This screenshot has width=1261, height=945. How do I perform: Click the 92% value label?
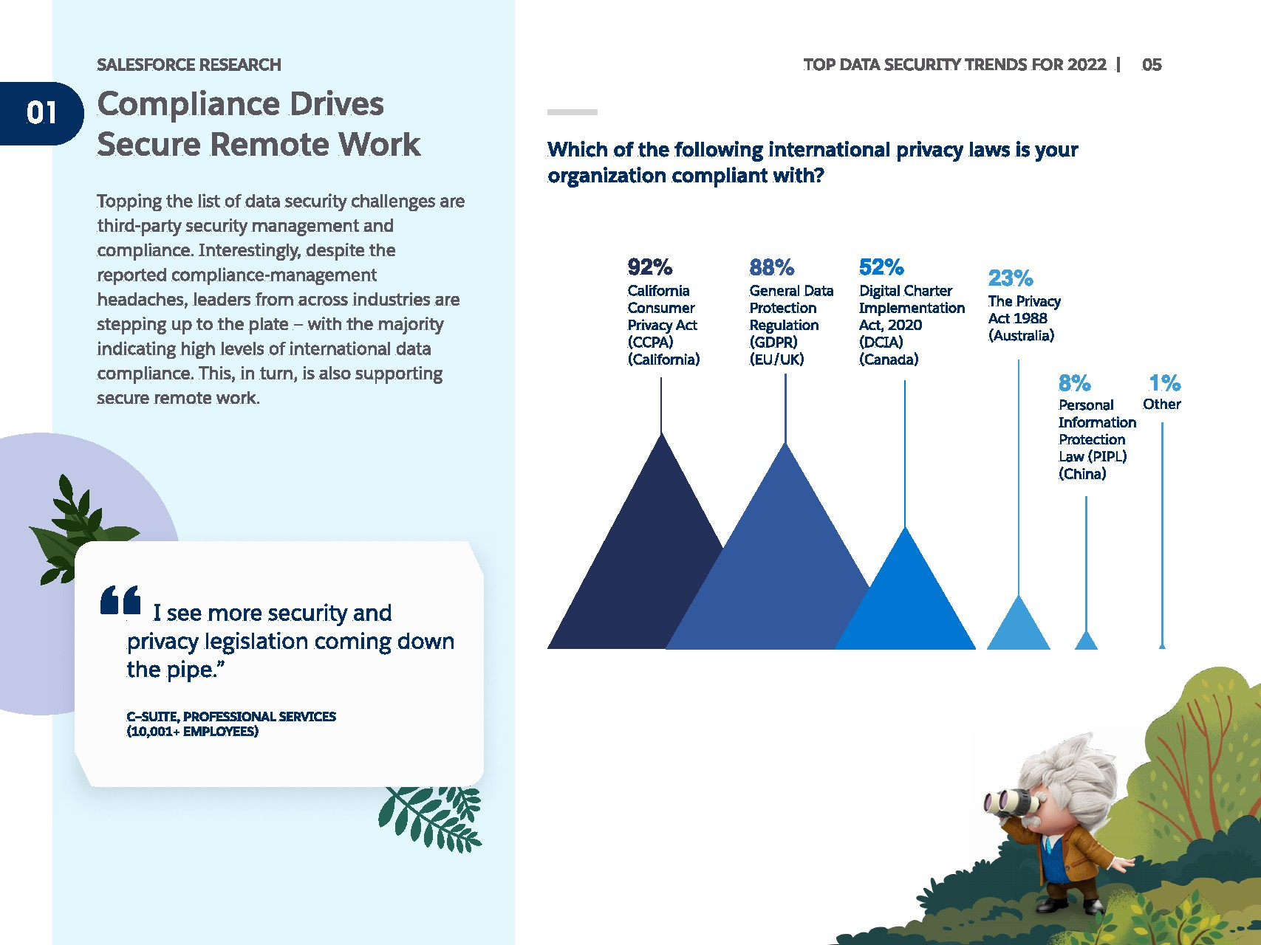(649, 267)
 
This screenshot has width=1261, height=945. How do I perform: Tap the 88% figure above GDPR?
(771, 267)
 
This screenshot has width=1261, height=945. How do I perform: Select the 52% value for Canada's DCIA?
(881, 267)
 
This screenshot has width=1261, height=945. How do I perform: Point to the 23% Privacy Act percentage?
(1011, 278)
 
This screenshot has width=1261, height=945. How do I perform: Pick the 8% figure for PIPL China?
(1074, 383)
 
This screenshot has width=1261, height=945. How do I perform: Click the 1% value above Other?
(1164, 383)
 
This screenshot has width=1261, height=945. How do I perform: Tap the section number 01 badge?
(41, 113)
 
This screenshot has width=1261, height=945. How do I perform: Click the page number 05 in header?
(1152, 65)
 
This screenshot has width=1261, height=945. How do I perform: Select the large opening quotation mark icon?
(120, 600)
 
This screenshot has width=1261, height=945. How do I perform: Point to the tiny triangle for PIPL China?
(1086, 640)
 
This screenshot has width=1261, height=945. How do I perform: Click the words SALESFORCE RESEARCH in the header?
(189, 65)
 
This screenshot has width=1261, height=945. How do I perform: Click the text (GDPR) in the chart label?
(773, 343)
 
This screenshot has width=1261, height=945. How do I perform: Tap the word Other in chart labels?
(1162, 405)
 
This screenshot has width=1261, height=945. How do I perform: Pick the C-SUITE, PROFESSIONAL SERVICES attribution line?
(231, 717)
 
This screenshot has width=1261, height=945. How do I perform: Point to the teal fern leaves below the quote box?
(430, 818)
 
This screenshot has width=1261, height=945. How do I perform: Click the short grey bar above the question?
(573, 112)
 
